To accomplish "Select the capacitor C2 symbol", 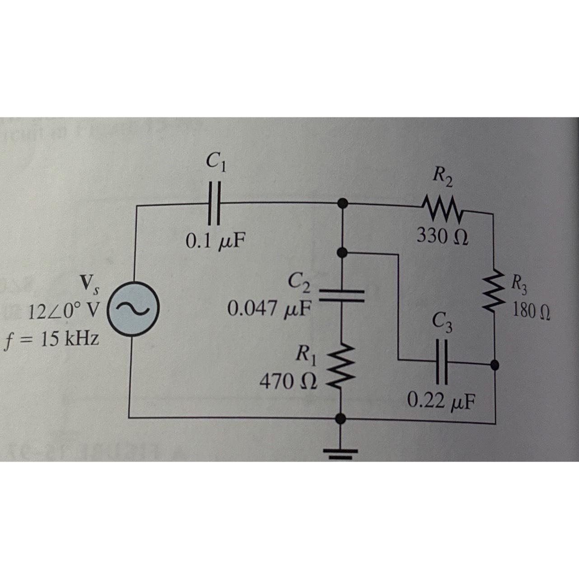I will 342,294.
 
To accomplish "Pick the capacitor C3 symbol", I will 442,360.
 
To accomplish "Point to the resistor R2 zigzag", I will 441,208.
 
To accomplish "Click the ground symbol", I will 342,452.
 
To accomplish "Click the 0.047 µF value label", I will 270,309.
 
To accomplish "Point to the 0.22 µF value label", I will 441,400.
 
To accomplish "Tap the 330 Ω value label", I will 442,236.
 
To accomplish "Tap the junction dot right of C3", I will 495,364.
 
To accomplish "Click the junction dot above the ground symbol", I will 342,419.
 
